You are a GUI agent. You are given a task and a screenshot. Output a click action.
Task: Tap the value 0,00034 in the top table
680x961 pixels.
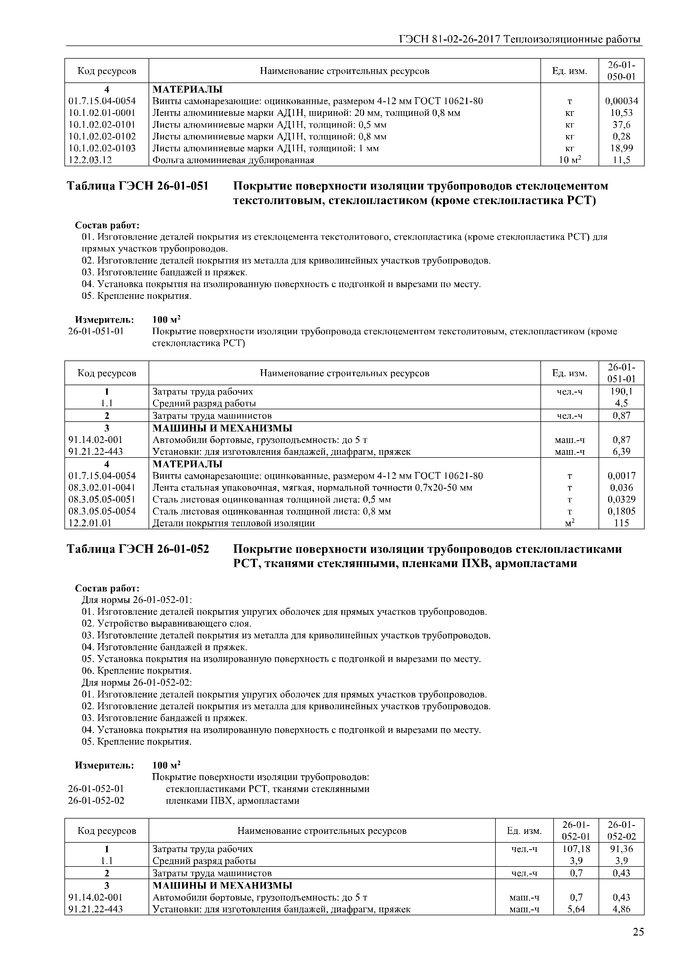coord(621,101)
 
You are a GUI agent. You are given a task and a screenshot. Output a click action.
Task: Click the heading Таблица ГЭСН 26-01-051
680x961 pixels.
coord(138,186)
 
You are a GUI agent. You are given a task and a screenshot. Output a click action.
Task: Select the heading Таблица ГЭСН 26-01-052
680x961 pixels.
coord(138,549)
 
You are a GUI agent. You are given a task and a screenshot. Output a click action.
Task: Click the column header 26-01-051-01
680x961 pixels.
coord(621,373)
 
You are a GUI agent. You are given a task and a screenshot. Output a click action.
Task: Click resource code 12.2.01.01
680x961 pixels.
coord(90,523)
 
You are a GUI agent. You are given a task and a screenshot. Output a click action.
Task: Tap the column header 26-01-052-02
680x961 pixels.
coord(621,831)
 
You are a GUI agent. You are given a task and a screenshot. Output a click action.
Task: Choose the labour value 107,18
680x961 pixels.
coord(576,849)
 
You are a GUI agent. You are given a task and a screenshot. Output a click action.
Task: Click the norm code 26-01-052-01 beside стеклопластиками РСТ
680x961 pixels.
coord(96,789)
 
